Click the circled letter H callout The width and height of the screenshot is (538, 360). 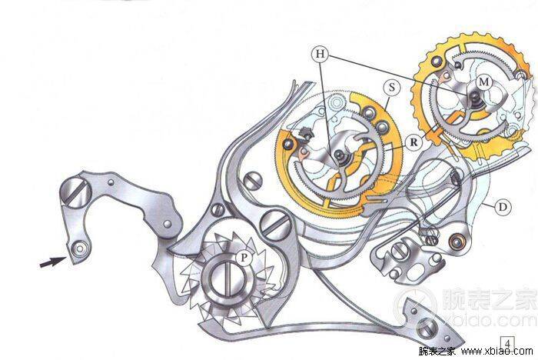pyautogui.click(x=320, y=54)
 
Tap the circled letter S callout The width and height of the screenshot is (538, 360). pyautogui.click(x=391, y=87)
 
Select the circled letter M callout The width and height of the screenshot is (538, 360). pyautogui.click(x=483, y=82)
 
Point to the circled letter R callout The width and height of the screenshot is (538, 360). pyautogui.click(x=413, y=142)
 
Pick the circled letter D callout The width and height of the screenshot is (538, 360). pyautogui.click(x=503, y=207)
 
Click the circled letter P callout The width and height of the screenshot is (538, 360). pyautogui.click(x=244, y=257)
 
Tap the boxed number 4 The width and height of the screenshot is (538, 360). pyautogui.click(x=508, y=344)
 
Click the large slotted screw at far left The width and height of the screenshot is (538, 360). pyautogui.click(x=75, y=190)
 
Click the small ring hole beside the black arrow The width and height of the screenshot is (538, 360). pyautogui.click(x=80, y=248)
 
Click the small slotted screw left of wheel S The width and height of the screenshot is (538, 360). pyautogui.click(x=254, y=181)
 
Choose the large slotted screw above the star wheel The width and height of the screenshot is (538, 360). pyautogui.click(x=274, y=224)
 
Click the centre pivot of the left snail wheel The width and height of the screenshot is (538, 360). pyautogui.click(x=340, y=155)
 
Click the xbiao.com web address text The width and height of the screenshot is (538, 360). pyautogui.click(x=496, y=351)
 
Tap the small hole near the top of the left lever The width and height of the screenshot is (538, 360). pyautogui.click(x=111, y=182)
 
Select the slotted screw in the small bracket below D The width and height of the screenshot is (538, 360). pyautogui.click(x=399, y=251)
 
